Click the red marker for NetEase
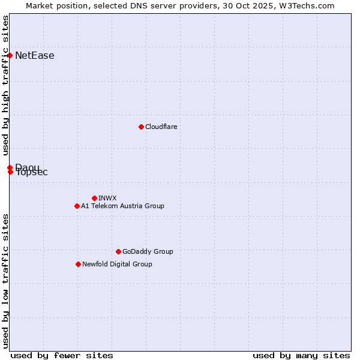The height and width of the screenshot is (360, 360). [10, 56]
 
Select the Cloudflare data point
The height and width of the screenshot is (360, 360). [141, 127]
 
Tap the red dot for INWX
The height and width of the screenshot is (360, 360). [94, 198]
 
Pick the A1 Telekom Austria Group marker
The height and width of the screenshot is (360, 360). [77, 206]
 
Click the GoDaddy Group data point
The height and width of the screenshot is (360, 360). [118, 251]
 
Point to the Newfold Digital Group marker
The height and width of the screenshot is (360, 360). [78, 264]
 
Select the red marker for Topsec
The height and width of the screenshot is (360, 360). [10, 172]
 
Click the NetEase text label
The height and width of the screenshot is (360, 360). [35, 56]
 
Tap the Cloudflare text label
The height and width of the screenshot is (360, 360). [161, 127]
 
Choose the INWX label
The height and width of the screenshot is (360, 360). [108, 198]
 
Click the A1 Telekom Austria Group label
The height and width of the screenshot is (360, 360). [122, 206]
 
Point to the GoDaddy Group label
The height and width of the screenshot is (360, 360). [148, 251]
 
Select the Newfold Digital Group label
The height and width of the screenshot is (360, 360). [117, 264]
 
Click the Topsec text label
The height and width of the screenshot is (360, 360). [32, 173]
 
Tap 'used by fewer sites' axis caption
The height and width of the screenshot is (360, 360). [62, 355]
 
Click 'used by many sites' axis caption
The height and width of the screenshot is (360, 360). [301, 355]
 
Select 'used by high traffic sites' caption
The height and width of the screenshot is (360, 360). [5, 85]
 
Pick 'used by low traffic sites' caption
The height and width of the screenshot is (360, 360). [5, 281]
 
